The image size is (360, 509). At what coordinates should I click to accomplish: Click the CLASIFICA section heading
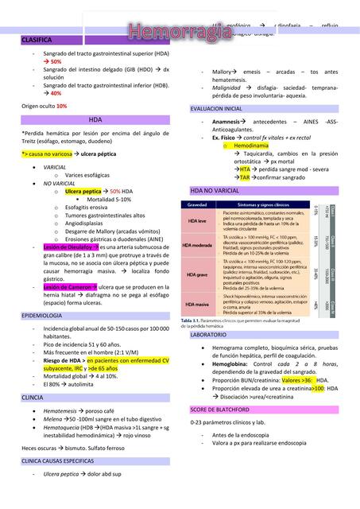(x=37, y=39)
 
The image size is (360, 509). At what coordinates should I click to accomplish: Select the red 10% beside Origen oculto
(x=61, y=106)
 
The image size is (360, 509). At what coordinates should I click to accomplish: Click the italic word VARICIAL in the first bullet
(x=55, y=168)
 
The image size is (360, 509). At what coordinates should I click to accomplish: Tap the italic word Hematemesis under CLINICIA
(x=60, y=411)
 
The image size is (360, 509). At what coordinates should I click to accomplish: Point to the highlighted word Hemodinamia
(x=251, y=146)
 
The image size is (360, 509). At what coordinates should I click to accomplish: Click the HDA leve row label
(x=199, y=220)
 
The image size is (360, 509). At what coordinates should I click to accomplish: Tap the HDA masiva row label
(x=200, y=303)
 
